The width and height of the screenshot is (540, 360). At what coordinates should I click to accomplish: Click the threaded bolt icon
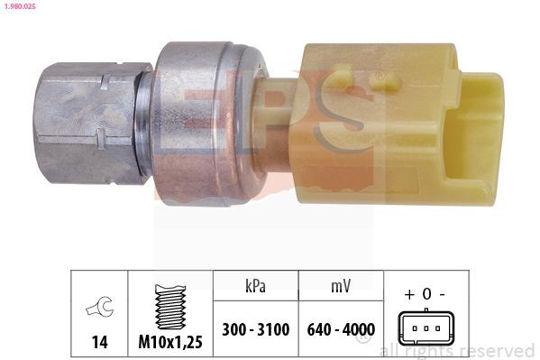[169, 309]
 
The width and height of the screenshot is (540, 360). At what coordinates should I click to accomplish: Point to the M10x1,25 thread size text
[169, 343]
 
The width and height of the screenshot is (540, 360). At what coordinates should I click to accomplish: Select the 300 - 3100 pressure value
[256, 330]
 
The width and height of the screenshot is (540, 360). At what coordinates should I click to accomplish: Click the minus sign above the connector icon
[441, 294]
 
